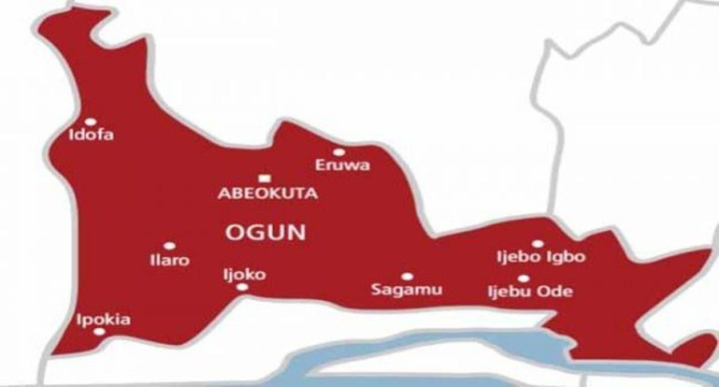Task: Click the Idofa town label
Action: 91,135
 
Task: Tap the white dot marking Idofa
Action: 90,122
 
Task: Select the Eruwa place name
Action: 342,166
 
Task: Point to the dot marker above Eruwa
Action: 339,152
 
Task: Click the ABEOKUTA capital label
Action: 268,193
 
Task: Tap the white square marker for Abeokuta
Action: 263,178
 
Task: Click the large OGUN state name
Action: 266,232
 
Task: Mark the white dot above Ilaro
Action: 169,246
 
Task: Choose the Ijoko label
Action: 244,275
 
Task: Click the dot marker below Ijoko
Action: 243,287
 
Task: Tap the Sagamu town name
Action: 406,290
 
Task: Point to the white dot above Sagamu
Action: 407,277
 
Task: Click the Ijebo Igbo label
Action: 541,257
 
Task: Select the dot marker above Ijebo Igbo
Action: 538,244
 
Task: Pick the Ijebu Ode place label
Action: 530,292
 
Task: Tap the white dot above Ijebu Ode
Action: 523,279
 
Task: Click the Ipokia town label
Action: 103,320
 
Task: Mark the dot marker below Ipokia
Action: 99,332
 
